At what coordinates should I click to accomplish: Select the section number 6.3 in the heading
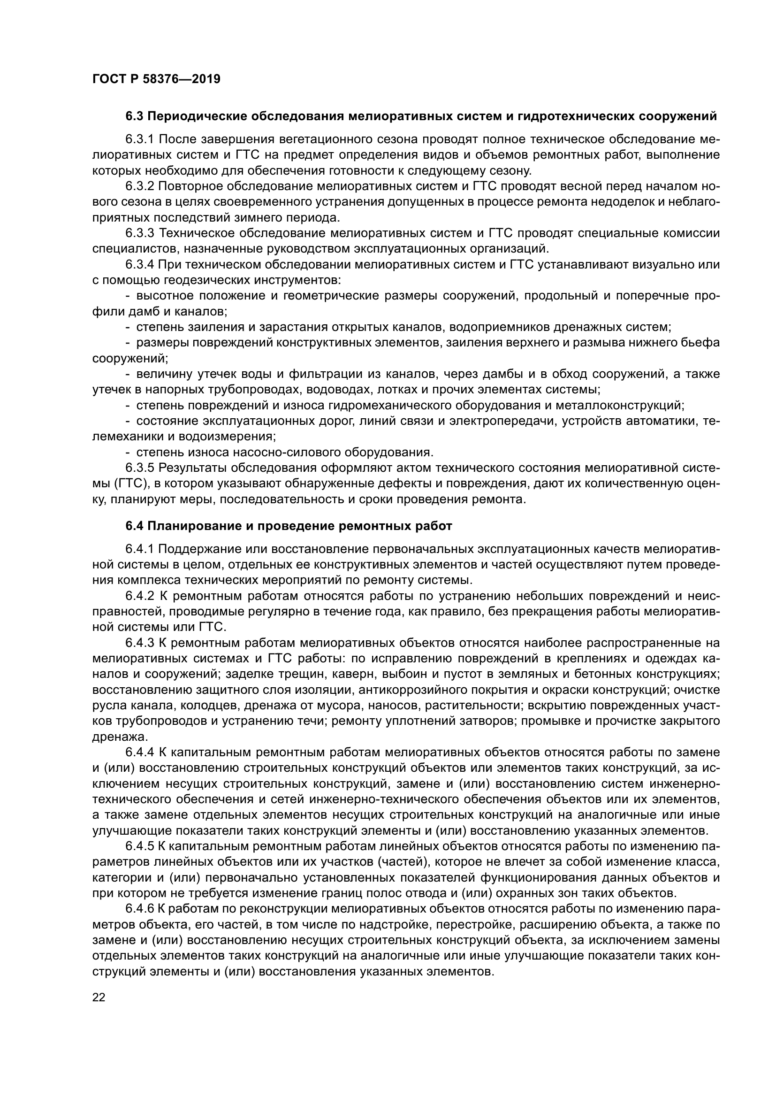point(135,116)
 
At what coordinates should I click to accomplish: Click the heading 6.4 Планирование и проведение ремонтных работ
point(289,527)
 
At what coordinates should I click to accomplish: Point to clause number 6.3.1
point(140,139)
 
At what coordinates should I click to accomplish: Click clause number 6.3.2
point(140,186)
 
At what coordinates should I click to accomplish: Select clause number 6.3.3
point(140,233)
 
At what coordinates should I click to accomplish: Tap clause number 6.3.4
point(140,264)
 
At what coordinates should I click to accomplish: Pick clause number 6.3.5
point(140,468)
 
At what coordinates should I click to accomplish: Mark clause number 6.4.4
point(140,752)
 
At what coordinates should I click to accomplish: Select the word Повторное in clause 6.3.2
point(193,186)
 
